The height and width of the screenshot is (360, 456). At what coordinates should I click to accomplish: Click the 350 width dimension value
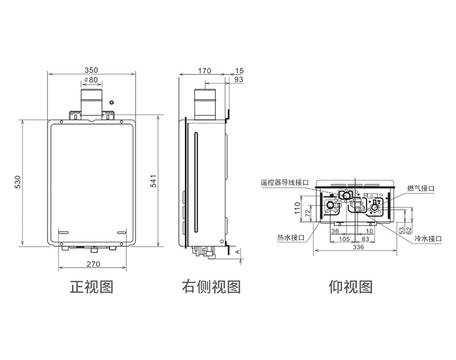point(91,70)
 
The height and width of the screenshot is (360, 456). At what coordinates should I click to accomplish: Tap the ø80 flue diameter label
point(91,80)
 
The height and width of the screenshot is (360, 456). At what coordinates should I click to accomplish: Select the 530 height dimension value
point(18,182)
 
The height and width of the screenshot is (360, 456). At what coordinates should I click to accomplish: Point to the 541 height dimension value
point(153,181)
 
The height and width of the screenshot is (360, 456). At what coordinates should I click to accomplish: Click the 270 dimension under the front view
point(93,264)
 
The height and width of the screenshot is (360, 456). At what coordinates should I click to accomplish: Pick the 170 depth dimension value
point(204,71)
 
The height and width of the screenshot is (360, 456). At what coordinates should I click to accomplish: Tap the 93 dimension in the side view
point(238,80)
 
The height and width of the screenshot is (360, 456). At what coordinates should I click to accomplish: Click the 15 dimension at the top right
point(239,71)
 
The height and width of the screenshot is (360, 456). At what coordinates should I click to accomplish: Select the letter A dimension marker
point(238,251)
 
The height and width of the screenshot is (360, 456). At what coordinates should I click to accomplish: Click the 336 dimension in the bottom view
point(358,247)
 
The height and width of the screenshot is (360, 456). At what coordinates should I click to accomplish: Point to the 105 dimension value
point(344,239)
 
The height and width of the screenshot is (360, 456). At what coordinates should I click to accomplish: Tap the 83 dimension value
point(365,239)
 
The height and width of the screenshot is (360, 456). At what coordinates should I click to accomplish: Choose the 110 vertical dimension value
point(297,208)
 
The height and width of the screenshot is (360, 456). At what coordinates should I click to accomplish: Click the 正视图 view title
point(91,287)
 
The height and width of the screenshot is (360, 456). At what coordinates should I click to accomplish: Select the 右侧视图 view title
point(212,287)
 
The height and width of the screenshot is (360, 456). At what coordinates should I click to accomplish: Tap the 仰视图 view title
point(351,287)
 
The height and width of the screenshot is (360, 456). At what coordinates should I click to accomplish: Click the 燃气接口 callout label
point(421,189)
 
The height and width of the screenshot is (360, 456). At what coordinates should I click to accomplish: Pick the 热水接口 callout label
point(291,238)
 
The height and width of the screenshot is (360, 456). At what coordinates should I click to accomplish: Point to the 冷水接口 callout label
point(428,239)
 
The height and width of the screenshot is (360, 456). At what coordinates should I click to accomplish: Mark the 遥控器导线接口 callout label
point(285,182)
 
